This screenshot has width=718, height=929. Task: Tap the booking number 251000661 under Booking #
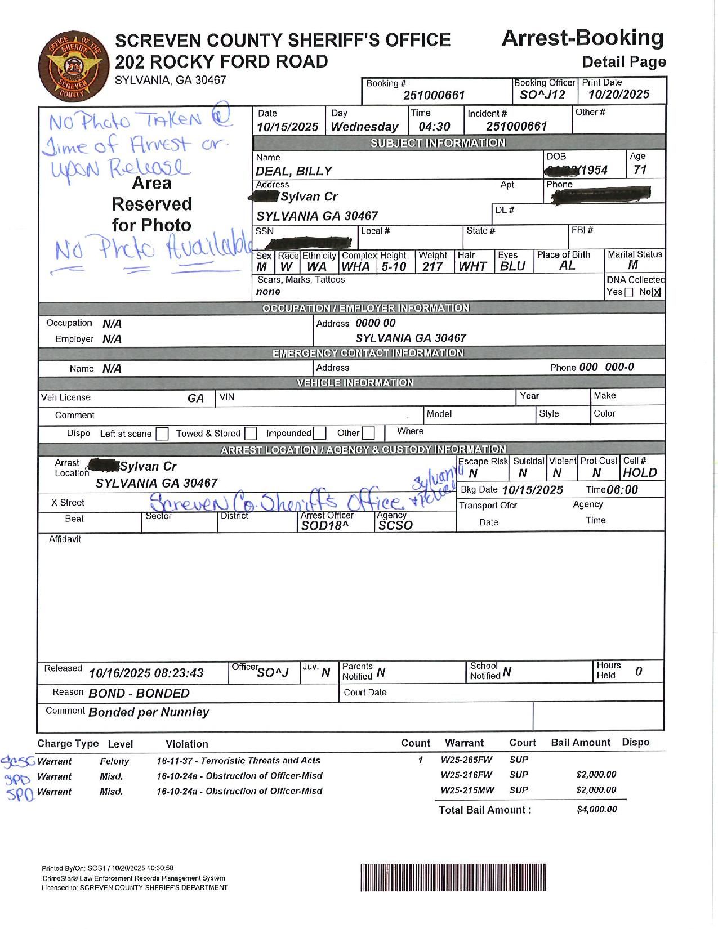click(x=434, y=96)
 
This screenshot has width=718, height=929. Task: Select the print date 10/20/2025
click(x=619, y=95)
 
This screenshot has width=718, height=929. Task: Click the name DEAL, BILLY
click(x=293, y=171)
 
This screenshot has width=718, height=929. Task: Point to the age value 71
click(x=640, y=169)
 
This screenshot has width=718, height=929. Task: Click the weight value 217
click(x=432, y=267)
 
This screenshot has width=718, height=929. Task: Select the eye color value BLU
click(x=512, y=267)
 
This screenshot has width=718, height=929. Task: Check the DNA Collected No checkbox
click(x=656, y=292)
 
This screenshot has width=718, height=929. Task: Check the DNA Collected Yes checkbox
click(x=628, y=292)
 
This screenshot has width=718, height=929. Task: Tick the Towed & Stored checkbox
click(x=251, y=434)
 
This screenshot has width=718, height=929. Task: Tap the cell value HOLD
click(x=640, y=473)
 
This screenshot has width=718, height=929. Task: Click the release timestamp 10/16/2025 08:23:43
click(x=146, y=673)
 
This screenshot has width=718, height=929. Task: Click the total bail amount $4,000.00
click(x=597, y=810)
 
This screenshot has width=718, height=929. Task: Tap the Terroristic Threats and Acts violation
click(x=238, y=761)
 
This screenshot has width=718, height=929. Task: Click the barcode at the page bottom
click(x=453, y=877)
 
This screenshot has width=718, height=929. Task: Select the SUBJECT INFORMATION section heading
click(x=438, y=143)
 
